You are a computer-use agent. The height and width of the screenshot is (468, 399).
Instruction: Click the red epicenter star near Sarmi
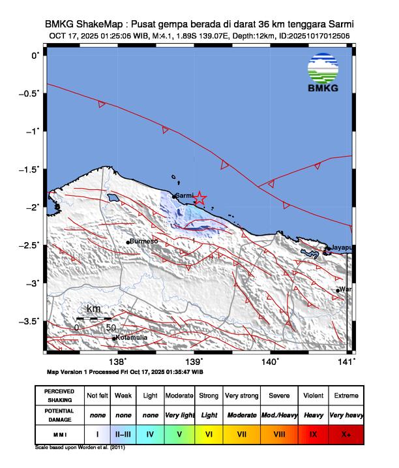click(200, 198)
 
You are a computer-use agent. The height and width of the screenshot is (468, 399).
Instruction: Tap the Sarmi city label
click(185, 195)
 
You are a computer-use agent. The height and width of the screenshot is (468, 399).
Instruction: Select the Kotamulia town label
click(131, 337)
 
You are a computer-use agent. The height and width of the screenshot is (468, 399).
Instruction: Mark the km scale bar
click(94, 318)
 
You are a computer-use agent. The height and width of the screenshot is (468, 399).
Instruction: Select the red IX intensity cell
click(314, 432)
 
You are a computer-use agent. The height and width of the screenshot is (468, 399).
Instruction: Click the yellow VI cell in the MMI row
click(209, 432)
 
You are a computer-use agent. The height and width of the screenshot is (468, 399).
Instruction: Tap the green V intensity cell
click(179, 432)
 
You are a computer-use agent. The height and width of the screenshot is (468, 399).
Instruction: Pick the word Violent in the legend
click(314, 396)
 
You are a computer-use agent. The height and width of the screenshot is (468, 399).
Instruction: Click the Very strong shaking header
click(241, 396)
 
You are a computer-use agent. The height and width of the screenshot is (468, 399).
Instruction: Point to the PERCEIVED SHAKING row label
click(59, 396)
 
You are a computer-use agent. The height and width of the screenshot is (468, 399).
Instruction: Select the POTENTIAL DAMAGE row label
click(59, 414)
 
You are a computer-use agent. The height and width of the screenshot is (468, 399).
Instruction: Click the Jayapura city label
click(342, 248)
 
